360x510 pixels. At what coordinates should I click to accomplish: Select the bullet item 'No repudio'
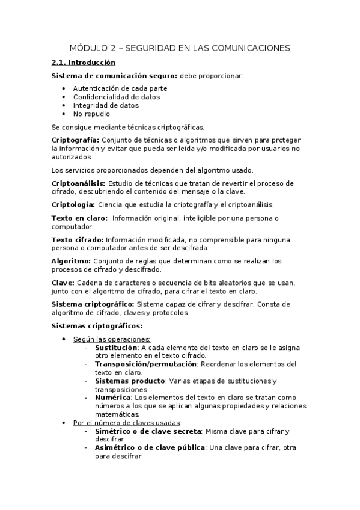pos(91,114)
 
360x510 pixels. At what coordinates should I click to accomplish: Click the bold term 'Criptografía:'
pos(76,140)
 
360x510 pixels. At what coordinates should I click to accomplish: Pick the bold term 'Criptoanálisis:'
pos(79,183)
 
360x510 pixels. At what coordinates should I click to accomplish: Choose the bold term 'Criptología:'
pos(73,205)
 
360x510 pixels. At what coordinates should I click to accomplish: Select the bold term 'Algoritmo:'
pos(72,261)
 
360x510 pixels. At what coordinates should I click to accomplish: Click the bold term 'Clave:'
pos(63,283)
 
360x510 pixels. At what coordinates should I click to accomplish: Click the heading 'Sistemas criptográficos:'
pos(97,326)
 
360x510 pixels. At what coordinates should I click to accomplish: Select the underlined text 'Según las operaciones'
pos(111,339)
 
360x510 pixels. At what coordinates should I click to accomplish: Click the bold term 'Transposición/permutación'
pos(145,364)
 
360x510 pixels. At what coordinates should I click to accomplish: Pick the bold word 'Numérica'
pos(112,397)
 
